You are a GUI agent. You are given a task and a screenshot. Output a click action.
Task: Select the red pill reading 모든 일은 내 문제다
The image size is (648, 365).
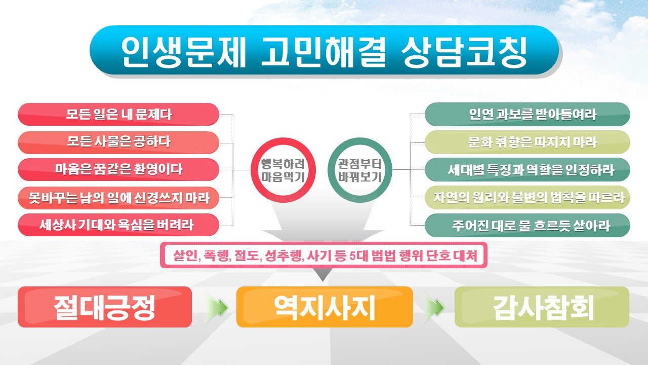pos(118,114)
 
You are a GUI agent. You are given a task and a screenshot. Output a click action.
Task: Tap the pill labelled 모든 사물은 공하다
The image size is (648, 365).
pos(118,142)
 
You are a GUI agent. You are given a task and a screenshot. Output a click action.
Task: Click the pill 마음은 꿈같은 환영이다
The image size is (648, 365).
pos(118,169)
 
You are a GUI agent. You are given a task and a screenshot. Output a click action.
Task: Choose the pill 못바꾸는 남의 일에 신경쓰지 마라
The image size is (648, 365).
pos(118,197)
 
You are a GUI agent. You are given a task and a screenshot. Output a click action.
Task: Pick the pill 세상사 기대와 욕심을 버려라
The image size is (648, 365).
pos(118,225)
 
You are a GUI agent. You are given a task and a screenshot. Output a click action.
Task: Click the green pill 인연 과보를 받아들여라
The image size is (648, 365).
pos(528,114)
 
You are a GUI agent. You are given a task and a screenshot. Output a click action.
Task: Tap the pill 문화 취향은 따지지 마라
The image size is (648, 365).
pos(528,142)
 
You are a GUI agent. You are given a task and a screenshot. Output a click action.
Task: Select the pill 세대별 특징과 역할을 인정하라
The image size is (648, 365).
pos(528,169)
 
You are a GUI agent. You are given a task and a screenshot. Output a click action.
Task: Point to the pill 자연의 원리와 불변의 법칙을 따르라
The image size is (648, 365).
pos(528,197)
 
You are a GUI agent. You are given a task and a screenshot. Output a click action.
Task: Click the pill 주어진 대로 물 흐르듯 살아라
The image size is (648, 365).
pos(528,225)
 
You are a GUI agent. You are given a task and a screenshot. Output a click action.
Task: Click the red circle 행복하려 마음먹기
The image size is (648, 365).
pos(281,170)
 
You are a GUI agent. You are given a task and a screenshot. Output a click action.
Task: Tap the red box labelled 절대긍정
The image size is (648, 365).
pos(105,307)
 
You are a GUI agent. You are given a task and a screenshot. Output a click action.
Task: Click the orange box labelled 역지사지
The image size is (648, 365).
pos(325,307)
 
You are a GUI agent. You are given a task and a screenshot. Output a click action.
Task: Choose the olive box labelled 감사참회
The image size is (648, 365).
pos(542,307)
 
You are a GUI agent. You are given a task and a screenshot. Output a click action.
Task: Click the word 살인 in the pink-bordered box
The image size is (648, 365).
pos(184,256)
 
